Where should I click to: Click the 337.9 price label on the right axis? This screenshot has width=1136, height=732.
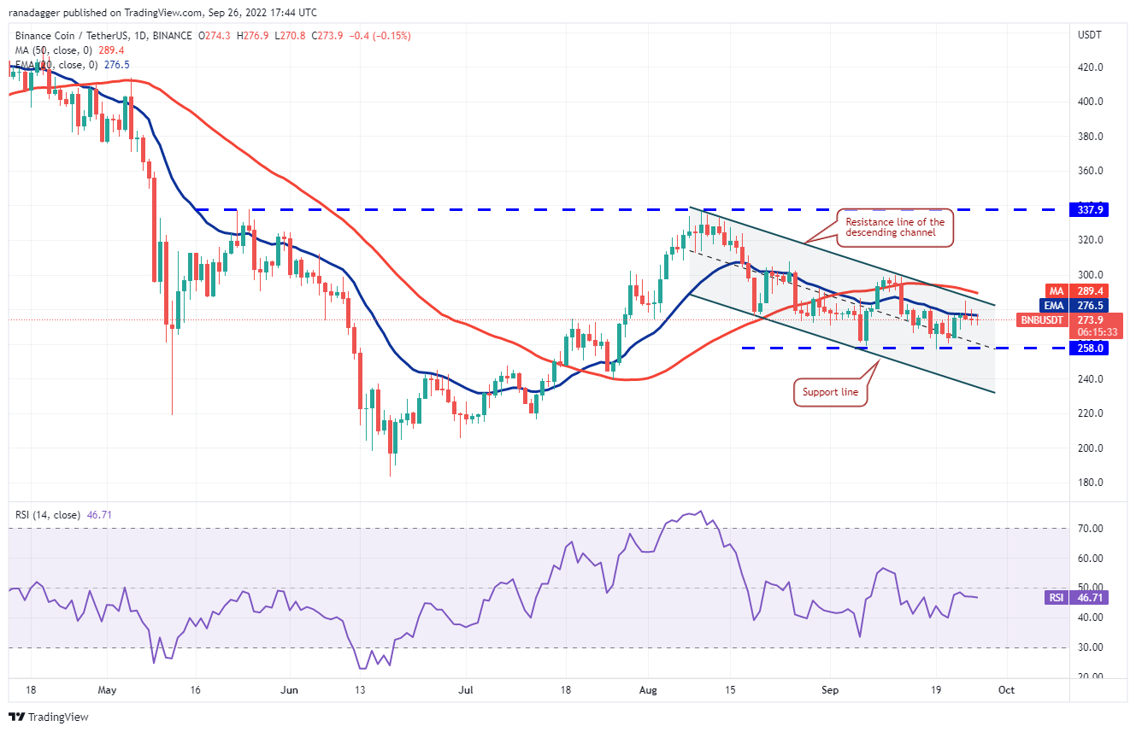[1090, 209]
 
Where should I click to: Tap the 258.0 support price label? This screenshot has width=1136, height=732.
[1090, 348]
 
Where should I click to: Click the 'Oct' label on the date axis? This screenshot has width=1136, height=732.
[1006, 690]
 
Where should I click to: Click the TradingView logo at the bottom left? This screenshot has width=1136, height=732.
[49, 717]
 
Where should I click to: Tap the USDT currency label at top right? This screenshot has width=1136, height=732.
[1090, 35]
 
